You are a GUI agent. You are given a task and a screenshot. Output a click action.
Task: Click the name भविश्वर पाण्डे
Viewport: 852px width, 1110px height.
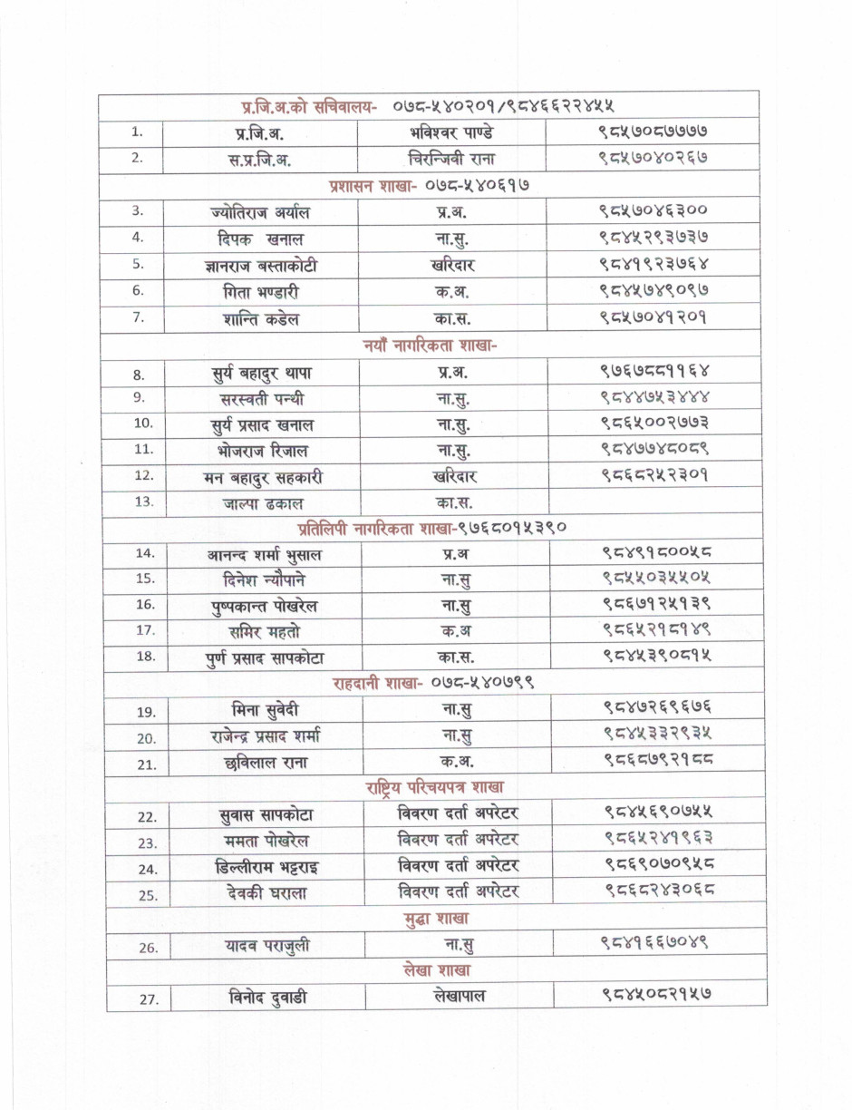[452, 132]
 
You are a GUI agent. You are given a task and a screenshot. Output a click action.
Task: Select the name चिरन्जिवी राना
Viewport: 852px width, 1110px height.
[452, 158]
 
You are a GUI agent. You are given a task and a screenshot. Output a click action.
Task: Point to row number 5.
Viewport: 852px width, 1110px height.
[138, 265]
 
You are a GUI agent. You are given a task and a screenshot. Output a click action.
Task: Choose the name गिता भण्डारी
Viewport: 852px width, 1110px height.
[260, 292]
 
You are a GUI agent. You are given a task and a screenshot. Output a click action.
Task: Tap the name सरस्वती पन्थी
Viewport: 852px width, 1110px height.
[262, 398]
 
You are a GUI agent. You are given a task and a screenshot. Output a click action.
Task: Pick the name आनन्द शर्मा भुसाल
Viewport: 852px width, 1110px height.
[263, 554]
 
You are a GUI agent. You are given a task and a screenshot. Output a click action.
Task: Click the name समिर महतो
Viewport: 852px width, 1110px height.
[263, 630]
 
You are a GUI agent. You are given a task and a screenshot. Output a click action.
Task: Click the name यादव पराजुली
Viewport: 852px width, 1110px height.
[267, 946]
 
